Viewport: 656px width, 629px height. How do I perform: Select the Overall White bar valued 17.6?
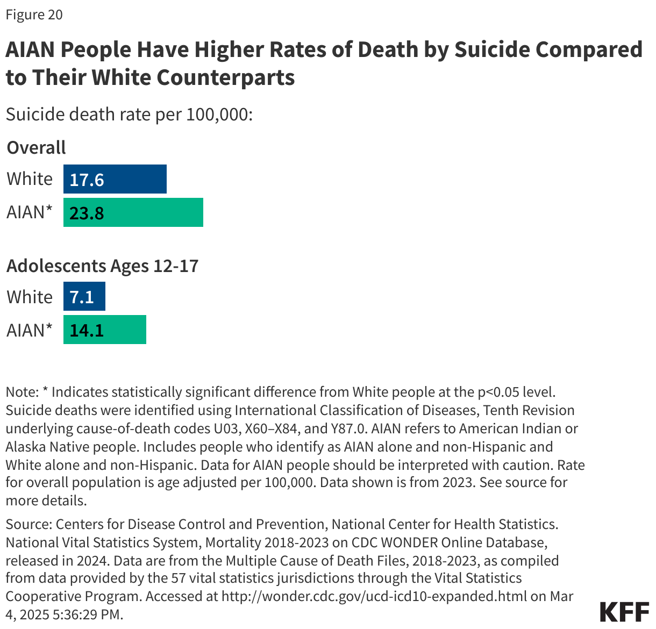(115, 179)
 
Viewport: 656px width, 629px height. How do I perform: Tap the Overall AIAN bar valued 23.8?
(133, 212)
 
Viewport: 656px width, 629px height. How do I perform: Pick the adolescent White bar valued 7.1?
(84, 297)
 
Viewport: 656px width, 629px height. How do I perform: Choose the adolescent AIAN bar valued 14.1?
(105, 330)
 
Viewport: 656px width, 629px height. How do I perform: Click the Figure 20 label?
(34, 15)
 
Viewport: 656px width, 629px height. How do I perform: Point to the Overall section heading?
(36, 147)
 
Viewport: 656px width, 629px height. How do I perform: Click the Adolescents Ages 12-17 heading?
(102, 266)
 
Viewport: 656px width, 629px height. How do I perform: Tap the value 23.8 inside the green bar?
(87, 213)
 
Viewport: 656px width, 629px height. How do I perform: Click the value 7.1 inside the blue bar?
(82, 297)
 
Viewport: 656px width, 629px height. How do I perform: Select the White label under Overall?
(30, 179)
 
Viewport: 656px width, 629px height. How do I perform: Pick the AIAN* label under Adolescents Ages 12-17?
(30, 330)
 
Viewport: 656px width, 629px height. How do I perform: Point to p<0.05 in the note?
(496, 392)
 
